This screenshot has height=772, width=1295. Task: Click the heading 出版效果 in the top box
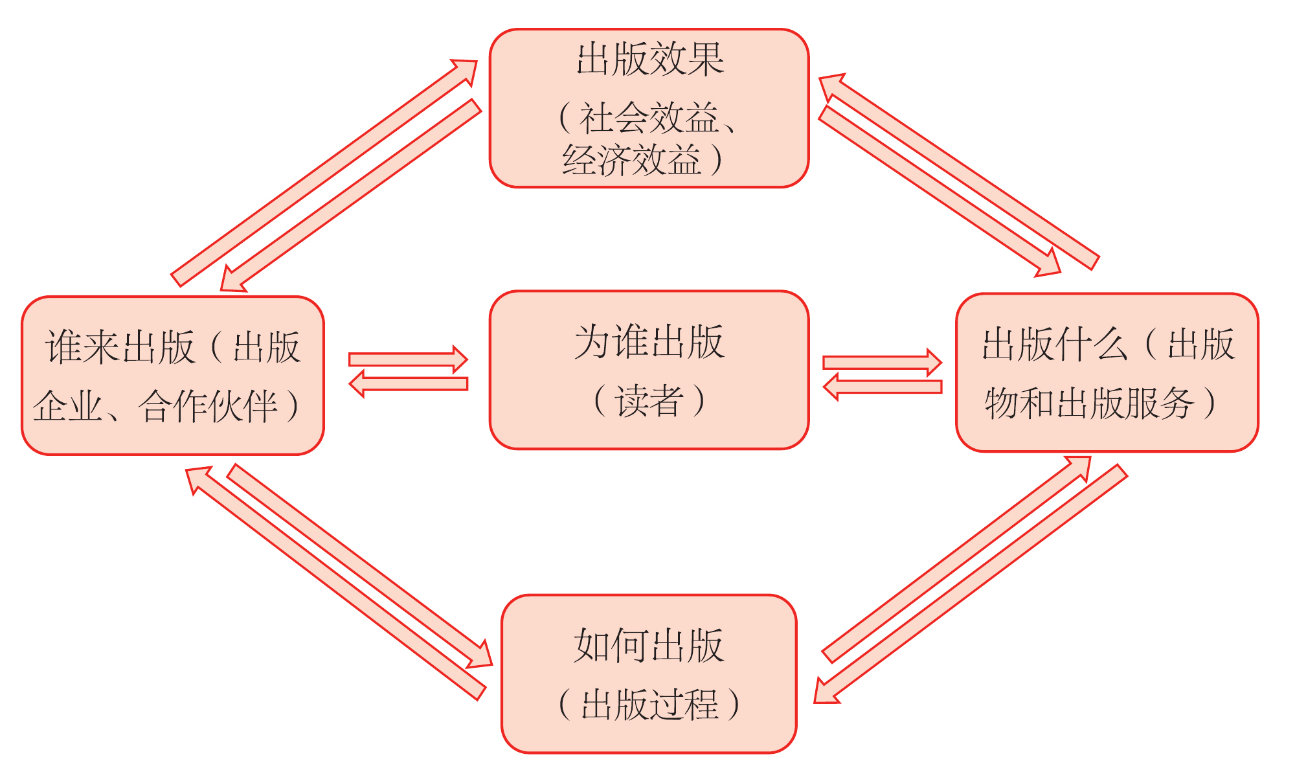click(649, 60)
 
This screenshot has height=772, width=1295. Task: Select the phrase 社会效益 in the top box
click(648, 118)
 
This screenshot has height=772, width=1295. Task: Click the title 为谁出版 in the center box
click(649, 341)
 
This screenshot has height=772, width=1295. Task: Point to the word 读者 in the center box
click(649, 400)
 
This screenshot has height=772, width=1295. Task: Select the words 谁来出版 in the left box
click(120, 347)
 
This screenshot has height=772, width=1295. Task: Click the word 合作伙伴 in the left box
click(208, 407)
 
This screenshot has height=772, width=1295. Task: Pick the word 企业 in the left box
click(67, 407)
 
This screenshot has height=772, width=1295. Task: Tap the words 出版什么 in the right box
click(1055, 344)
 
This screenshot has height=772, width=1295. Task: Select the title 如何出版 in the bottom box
click(649, 646)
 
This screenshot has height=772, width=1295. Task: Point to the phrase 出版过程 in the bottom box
click(649, 705)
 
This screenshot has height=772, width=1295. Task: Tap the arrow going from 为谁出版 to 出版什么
click(881, 362)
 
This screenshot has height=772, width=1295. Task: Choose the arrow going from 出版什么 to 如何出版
click(971, 583)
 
